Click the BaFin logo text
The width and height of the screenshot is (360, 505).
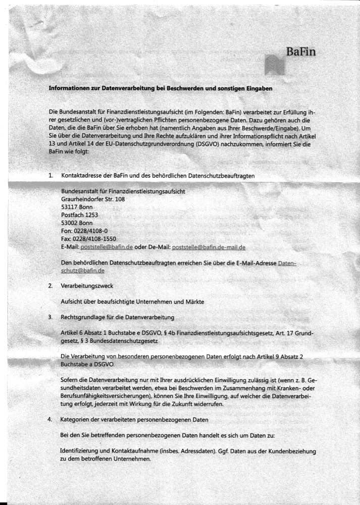(301, 52)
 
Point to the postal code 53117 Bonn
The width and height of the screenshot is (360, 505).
(77, 207)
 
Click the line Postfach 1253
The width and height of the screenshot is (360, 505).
(79, 215)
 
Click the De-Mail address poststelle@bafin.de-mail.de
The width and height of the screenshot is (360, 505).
(209, 247)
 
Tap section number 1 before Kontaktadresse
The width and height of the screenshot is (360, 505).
(50, 175)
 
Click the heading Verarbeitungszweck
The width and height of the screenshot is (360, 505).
(87, 286)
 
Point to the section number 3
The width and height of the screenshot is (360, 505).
(50, 318)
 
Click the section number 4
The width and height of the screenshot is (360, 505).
(50, 419)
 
